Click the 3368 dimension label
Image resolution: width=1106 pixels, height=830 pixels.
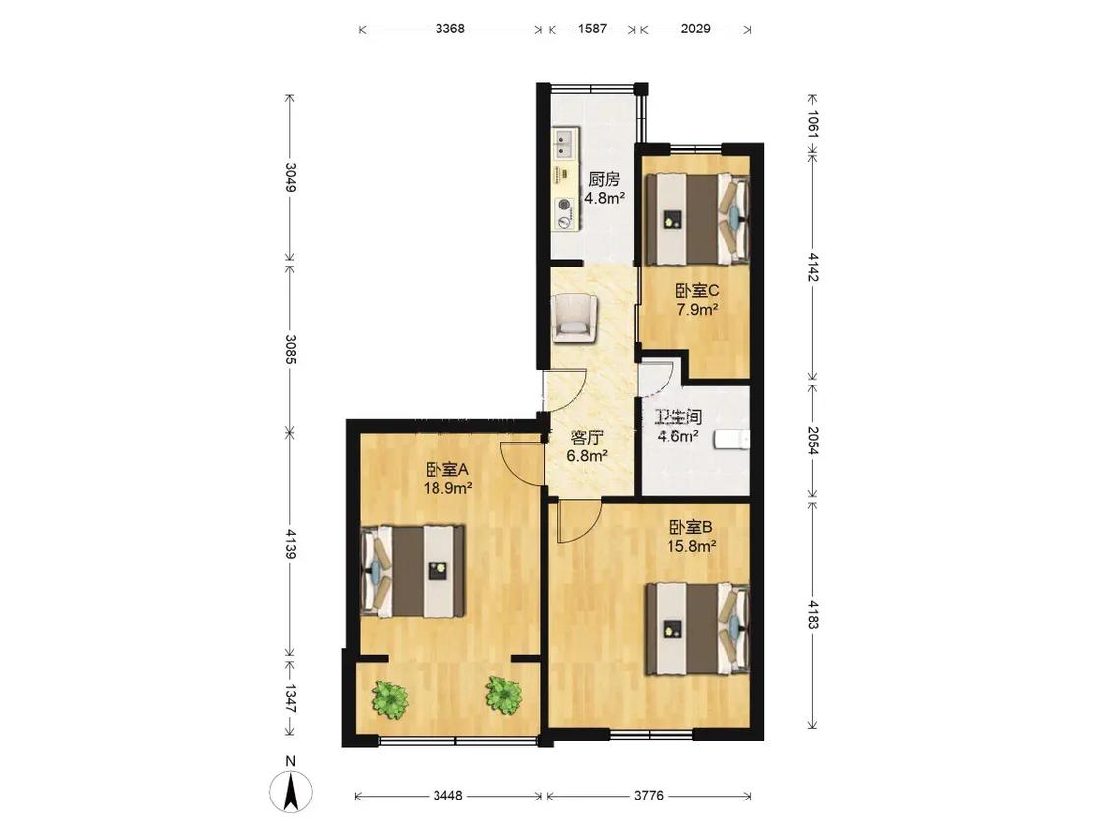tap(450, 29)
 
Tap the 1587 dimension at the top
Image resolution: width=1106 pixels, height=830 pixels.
tap(592, 29)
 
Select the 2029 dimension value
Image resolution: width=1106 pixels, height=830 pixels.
tap(695, 29)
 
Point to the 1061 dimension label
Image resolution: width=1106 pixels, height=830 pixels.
tap(813, 124)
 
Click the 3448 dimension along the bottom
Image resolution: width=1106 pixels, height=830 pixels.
tap(448, 796)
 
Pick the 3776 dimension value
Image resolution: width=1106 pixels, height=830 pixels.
tap(648, 796)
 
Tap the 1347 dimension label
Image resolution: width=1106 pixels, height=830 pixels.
tap(290, 699)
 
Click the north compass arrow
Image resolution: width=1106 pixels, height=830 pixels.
tap(290, 790)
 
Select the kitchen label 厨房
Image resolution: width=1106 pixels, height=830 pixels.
tap(604, 179)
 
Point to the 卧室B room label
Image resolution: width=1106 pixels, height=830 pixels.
tap(691, 527)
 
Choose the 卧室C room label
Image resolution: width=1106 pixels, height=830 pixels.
tap(697, 291)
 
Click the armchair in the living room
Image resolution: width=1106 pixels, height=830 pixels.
tap(574, 319)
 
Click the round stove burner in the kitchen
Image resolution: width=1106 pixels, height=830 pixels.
tap(564, 205)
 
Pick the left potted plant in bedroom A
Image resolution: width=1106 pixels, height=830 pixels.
tap(389, 699)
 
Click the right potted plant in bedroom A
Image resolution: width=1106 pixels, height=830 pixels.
tap(503, 694)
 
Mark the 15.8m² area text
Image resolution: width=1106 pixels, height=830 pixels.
tap(692, 546)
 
